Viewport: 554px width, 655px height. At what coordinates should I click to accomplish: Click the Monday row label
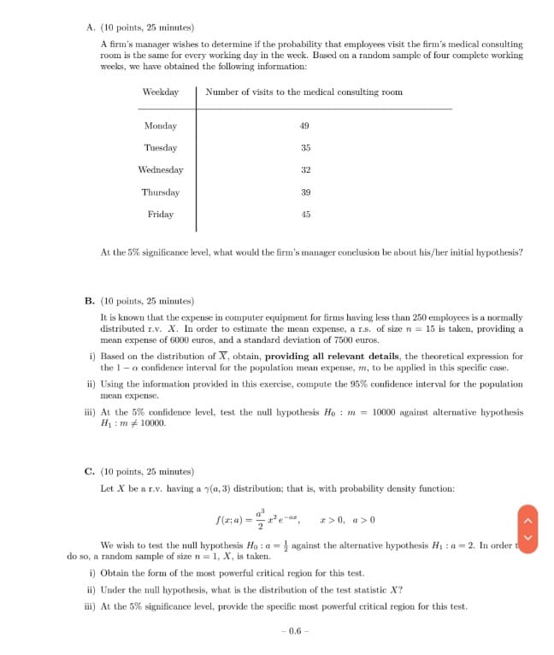160,126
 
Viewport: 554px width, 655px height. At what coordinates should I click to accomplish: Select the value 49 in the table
305,126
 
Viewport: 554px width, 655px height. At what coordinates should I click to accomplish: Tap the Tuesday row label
160,148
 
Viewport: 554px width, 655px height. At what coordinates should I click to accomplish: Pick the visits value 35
305,148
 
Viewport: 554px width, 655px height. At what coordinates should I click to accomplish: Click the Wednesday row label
160,170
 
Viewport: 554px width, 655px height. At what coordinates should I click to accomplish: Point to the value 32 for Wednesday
305,170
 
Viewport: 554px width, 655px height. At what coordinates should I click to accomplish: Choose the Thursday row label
160,192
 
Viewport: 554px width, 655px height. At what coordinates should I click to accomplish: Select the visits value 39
305,192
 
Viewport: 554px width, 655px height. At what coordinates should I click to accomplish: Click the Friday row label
160,215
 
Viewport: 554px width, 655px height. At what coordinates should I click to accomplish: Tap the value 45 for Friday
305,215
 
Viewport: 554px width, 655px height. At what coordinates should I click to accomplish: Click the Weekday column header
160,91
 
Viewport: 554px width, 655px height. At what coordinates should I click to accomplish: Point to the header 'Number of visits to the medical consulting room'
304,91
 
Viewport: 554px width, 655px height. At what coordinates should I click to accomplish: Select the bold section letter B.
90,301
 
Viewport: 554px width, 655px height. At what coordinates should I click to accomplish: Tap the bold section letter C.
90,471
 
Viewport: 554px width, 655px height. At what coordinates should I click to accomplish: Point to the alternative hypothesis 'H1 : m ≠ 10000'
133,422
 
